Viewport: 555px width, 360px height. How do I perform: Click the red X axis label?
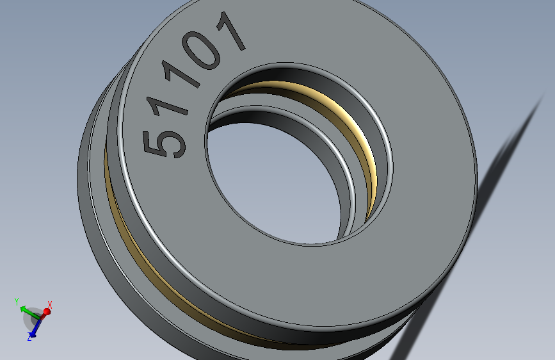(x=50, y=304)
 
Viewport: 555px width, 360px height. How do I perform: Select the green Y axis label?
(x=17, y=300)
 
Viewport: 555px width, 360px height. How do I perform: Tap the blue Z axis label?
(x=29, y=338)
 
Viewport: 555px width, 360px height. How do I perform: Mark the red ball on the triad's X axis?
(x=46, y=311)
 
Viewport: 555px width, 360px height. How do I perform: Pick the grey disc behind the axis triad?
(x=33, y=318)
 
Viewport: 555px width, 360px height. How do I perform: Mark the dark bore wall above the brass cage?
(x=301, y=74)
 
